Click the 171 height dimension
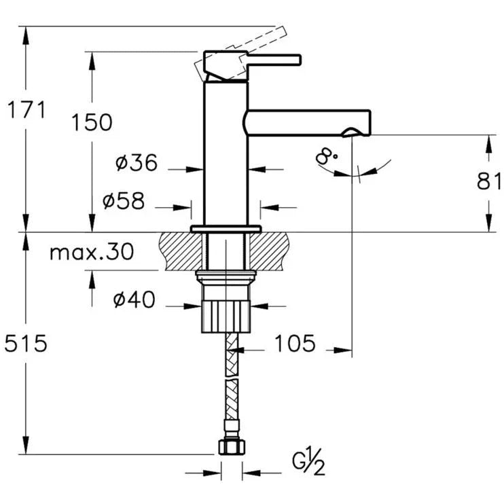coord(25,109)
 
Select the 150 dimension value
coord(92,122)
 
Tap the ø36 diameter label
coord(137,163)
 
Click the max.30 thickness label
coord(92,253)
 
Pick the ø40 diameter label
coord(134,299)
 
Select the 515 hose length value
coord(25,344)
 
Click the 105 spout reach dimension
coord(295,344)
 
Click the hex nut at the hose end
coord(232,446)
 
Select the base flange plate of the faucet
coord(226,228)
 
